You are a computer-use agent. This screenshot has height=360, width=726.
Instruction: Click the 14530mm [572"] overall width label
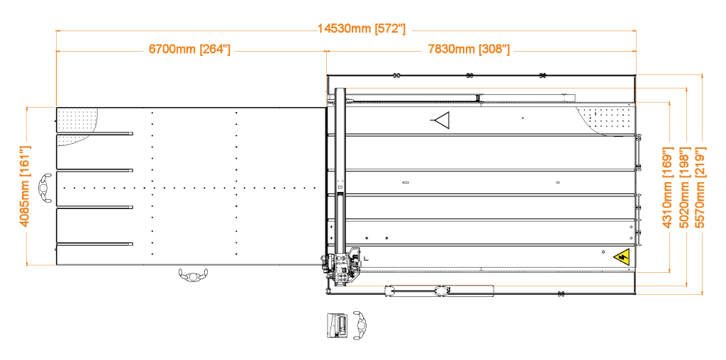pos(362,29)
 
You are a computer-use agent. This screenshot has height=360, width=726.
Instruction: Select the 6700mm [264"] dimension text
pos(189,50)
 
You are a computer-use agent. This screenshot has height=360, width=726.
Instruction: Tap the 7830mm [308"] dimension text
pos(469,50)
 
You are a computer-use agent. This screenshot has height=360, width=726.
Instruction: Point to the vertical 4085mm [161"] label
pos(25,186)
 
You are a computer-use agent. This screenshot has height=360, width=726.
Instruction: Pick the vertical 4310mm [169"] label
pos(667,188)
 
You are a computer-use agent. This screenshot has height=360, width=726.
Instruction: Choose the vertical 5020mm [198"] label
pos(684,188)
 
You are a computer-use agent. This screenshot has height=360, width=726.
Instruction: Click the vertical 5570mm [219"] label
pos(700,188)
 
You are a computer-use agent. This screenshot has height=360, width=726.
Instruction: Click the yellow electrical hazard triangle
pos(622,257)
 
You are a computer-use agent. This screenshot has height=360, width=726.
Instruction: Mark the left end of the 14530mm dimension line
pos(56,31)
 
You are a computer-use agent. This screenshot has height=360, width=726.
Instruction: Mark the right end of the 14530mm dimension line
pos(636,31)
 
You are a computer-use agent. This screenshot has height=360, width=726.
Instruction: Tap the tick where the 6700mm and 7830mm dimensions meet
pos(326,52)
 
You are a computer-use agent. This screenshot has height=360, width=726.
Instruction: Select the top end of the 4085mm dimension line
pos(27,108)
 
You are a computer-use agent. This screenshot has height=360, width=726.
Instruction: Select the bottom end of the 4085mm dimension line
pos(27,264)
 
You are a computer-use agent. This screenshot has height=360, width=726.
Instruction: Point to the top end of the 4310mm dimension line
pos(669,103)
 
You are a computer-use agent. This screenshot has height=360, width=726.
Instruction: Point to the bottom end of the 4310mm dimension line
pos(669,271)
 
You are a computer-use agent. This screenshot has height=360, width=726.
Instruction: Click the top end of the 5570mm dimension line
pos(702,74)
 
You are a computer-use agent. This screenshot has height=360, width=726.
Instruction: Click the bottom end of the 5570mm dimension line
pos(702,293)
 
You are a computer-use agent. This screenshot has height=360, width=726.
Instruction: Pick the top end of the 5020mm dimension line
pos(686,89)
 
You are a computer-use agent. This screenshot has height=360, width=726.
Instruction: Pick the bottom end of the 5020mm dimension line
pos(686,286)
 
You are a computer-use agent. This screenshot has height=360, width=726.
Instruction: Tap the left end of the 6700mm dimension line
pos(56,52)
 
